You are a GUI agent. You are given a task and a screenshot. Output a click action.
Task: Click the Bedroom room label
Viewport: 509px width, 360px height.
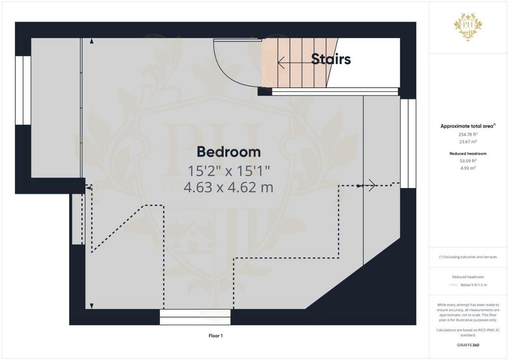click(x=229, y=152)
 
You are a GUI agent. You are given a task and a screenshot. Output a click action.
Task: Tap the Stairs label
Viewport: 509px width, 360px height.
click(x=331, y=59)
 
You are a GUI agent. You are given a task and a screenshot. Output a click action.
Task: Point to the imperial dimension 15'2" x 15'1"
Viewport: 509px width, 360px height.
click(x=229, y=171)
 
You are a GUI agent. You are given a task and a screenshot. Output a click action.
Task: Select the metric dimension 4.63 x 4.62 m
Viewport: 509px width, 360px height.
click(x=229, y=187)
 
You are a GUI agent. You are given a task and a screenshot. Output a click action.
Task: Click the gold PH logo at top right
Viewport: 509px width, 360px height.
click(x=468, y=27)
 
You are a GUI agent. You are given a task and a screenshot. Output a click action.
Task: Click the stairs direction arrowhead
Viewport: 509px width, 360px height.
click(x=281, y=63)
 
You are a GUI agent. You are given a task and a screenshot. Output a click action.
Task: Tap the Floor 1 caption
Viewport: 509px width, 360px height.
click(x=216, y=336)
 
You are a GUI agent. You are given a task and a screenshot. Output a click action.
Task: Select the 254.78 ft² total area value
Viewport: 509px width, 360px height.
click(x=468, y=134)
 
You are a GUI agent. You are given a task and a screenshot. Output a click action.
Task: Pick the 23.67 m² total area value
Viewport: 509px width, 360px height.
click(x=468, y=142)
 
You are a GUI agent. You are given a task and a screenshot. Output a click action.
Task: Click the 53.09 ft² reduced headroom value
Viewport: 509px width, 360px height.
click(x=468, y=161)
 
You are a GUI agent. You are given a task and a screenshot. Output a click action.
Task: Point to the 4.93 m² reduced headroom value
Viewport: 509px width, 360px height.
click(x=468, y=168)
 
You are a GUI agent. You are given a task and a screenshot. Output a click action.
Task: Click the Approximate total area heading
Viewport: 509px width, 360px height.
click(x=468, y=126)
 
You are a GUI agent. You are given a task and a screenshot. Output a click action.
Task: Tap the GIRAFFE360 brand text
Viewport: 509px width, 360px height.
click(x=468, y=345)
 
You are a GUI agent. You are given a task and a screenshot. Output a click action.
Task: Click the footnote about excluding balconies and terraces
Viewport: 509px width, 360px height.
click(x=468, y=257)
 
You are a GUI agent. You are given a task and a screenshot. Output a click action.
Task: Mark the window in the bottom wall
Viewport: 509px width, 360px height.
click(x=195, y=317)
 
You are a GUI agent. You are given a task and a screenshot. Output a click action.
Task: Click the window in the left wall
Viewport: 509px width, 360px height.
click(x=23, y=90)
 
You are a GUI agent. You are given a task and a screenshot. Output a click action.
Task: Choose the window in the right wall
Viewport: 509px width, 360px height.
click(x=408, y=144)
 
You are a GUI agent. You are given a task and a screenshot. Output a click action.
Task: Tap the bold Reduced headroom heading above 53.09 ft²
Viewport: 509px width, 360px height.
click(x=468, y=154)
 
